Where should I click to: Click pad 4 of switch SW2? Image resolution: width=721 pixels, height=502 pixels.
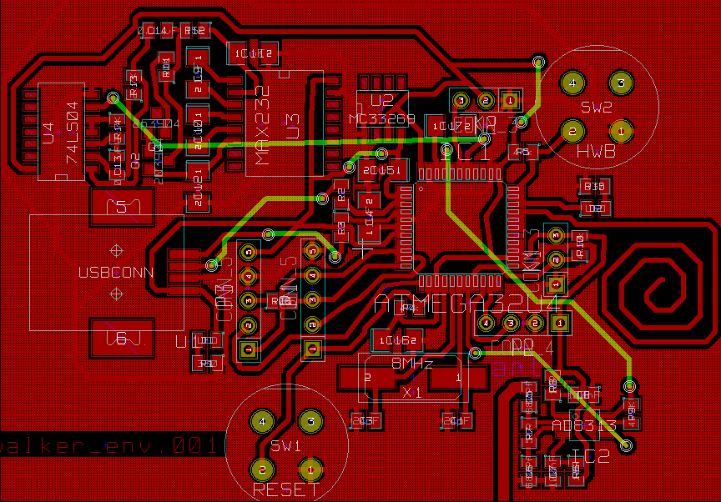click(572, 83)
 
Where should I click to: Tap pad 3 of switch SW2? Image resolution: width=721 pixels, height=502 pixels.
click(620, 83)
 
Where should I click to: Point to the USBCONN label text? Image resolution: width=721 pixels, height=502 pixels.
click(116, 273)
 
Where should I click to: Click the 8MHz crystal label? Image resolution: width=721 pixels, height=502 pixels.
click(412, 364)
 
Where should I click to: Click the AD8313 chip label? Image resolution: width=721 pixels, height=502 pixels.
click(584, 426)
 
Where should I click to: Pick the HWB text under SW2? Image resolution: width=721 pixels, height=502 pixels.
click(596, 153)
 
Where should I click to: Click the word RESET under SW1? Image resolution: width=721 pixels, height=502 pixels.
click(286, 490)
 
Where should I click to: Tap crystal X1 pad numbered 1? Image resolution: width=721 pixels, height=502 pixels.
click(457, 378)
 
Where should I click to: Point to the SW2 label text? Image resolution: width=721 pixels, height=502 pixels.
click(597, 108)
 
